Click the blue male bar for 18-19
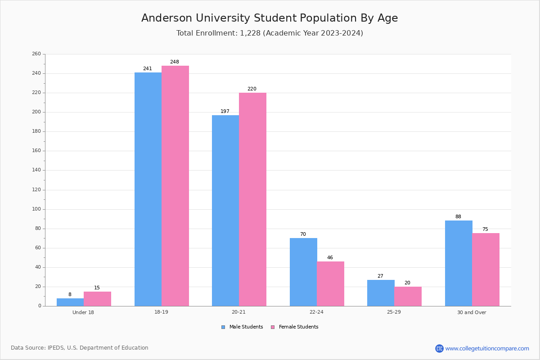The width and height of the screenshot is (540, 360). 148,189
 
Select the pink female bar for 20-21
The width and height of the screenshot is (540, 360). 252,199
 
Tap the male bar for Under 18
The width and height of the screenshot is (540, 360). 70,302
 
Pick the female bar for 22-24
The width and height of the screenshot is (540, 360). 330,284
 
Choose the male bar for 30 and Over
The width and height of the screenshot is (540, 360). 459,263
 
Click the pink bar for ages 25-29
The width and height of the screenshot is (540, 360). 408,297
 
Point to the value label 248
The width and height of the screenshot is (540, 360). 175,62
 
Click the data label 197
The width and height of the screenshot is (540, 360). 225,111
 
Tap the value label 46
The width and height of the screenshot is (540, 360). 330,257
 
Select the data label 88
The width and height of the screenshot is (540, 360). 458,216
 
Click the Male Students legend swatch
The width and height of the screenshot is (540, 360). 223,327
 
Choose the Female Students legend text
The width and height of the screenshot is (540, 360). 298,327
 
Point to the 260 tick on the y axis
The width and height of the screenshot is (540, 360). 36,54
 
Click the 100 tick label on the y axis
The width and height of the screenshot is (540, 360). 36,209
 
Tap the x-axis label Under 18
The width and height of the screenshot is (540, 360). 83,312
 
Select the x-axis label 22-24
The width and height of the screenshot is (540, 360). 316,312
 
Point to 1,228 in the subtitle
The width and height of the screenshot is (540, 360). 250,33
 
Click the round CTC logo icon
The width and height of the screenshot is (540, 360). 439,348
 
